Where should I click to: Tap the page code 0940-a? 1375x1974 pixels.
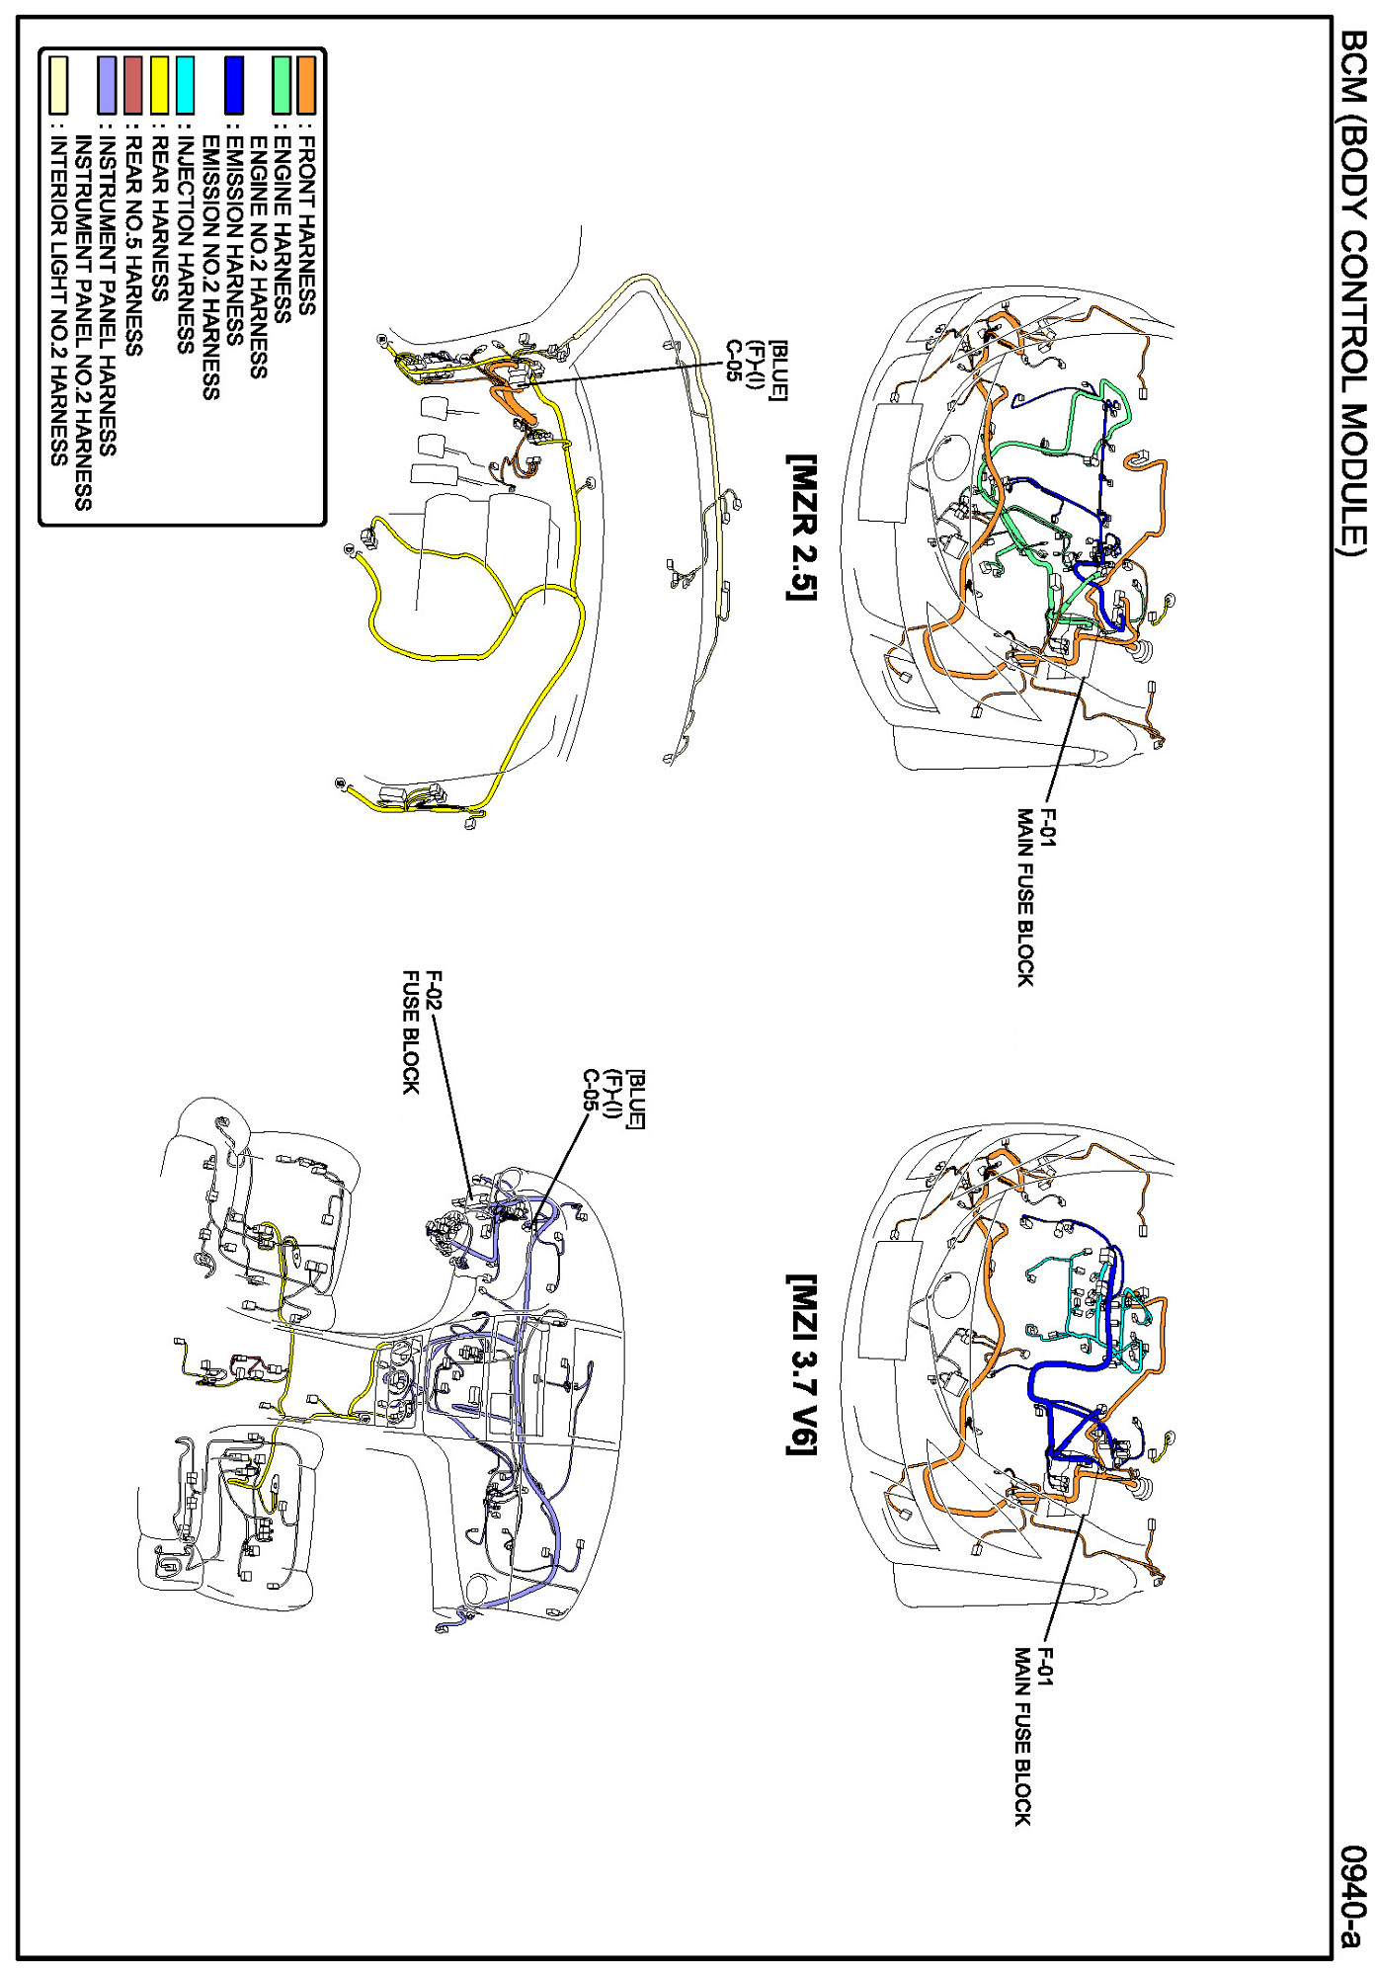tap(1351, 1898)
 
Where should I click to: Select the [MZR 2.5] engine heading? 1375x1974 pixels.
tap(801, 528)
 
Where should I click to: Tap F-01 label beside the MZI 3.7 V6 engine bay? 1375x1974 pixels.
tap(1047, 1669)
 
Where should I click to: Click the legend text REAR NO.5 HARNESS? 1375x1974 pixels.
tap(133, 247)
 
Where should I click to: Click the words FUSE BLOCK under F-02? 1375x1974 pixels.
tap(411, 1032)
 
